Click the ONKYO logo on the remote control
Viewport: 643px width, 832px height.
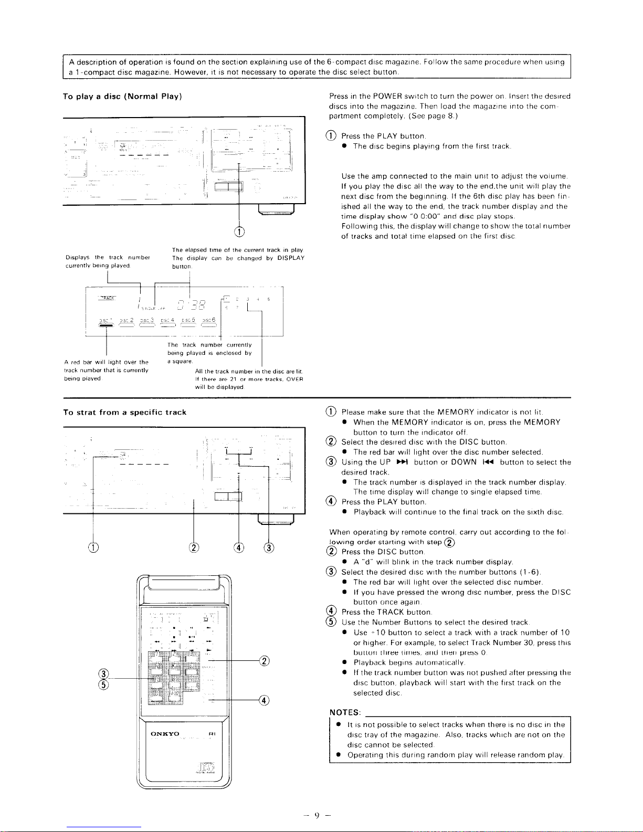tap(165, 733)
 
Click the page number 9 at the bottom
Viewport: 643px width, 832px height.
tap(317, 815)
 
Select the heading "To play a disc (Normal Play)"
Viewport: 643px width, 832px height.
tap(122, 97)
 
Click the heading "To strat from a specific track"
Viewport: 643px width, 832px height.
tap(124, 413)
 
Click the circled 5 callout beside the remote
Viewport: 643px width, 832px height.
tap(104, 684)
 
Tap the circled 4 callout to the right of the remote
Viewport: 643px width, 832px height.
tap(265, 700)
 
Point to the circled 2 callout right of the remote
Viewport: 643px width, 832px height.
tap(265, 660)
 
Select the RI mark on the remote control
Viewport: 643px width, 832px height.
tap(212, 734)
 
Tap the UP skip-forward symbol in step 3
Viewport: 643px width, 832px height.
tap(402, 462)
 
